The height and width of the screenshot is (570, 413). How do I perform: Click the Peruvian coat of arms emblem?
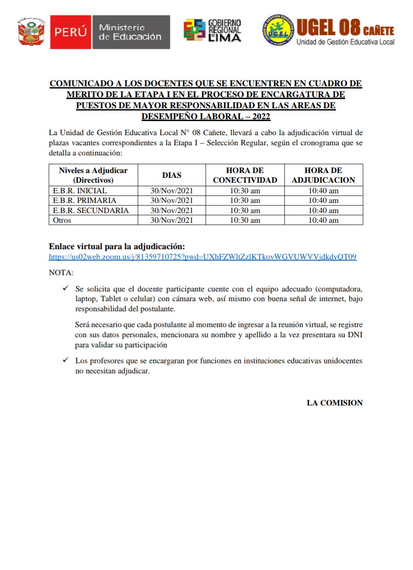click(32, 32)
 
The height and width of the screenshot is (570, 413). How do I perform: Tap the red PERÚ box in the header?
click(70, 32)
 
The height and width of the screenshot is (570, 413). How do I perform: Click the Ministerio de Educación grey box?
click(130, 32)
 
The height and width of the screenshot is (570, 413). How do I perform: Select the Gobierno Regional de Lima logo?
click(213, 31)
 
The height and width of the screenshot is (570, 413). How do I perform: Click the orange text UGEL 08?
click(328, 28)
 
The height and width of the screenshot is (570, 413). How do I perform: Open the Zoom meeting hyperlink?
click(203, 257)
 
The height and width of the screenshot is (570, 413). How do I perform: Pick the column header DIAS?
click(172, 175)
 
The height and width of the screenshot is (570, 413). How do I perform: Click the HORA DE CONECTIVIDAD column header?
click(245, 175)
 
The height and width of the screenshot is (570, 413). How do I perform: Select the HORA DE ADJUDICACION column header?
click(323, 175)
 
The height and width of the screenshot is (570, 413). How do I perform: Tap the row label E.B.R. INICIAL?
click(80, 191)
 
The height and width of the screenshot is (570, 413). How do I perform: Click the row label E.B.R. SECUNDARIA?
click(91, 210)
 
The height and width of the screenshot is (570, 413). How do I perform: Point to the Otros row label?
click(62, 220)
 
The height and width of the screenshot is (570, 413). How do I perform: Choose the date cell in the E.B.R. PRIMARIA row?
click(172, 201)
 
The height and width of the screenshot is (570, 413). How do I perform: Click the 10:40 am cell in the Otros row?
click(323, 220)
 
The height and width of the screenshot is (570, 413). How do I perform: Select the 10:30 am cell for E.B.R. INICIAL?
click(245, 191)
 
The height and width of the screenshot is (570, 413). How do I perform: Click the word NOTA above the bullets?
click(61, 273)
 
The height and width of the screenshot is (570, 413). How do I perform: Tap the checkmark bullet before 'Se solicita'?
click(66, 289)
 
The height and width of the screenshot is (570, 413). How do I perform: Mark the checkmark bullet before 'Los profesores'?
click(66, 360)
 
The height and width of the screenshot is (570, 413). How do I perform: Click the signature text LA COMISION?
click(335, 403)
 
